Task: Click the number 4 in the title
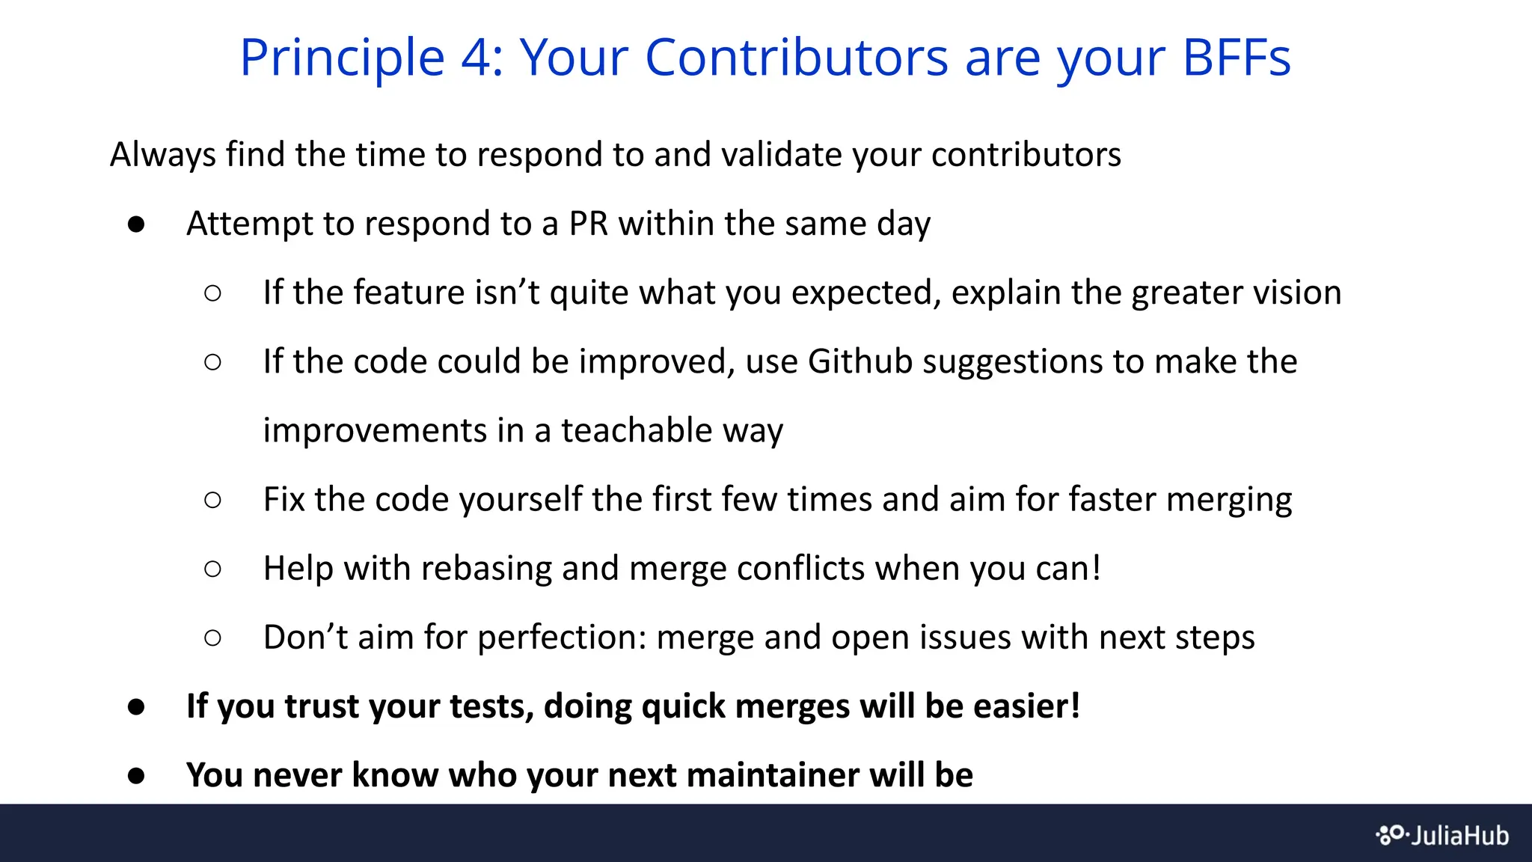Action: [x=477, y=58]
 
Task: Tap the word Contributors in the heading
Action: [x=796, y=58]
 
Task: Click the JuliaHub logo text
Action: [x=1459, y=835]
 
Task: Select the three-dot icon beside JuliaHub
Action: [x=1392, y=835]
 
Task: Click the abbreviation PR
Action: [x=589, y=224]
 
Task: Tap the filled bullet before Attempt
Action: [x=136, y=224]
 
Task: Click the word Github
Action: [x=860, y=361]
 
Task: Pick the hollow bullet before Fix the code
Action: [x=212, y=500]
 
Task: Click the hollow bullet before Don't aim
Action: [x=212, y=638]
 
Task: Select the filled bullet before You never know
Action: [x=136, y=776]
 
